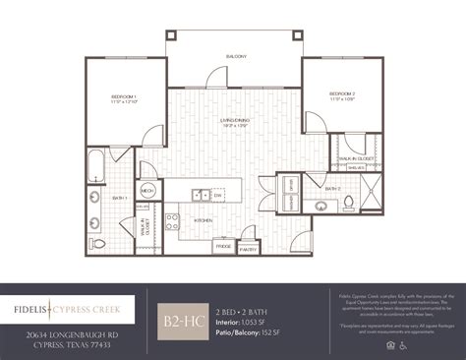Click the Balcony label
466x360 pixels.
tap(236, 56)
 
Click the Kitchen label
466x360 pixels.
tap(204, 220)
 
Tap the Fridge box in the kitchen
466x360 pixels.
tap(223, 246)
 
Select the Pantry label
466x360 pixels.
tap(249, 249)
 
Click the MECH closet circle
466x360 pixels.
tap(147, 192)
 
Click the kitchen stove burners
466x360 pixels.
tap(172, 220)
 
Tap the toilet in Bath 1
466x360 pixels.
tap(95, 243)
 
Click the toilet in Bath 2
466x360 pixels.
tap(348, 204)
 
